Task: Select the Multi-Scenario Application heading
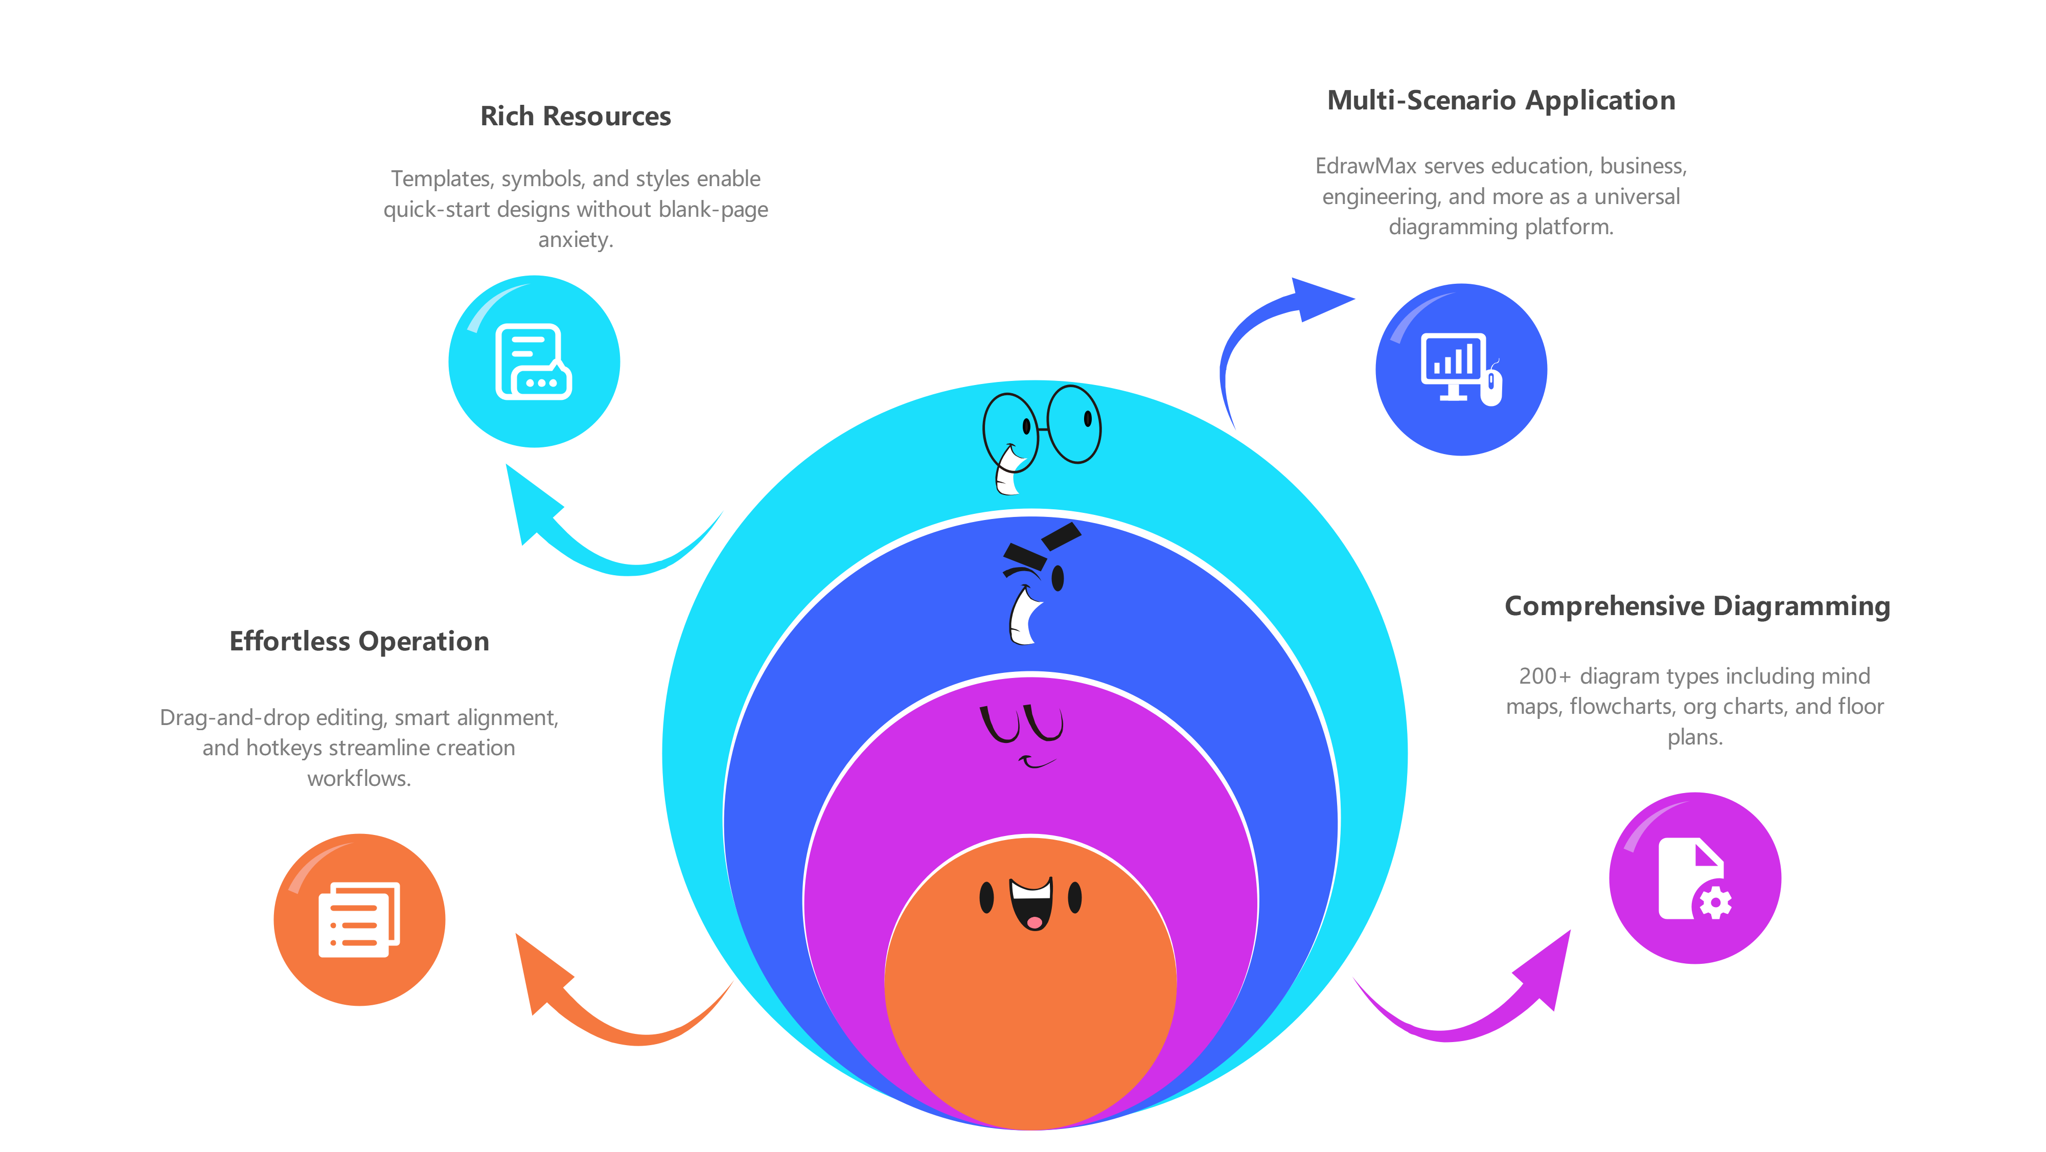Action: (1501, 100)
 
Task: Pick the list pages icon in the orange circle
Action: (359, 919)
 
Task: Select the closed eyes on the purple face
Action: (1021, 723)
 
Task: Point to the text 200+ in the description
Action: (1544, 676)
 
